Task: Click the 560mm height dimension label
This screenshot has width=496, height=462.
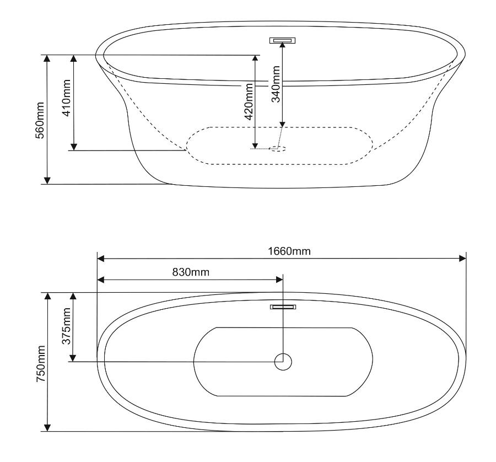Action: [40, 120]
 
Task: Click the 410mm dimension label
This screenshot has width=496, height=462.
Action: [66, 103]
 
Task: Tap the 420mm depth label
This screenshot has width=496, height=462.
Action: [248, 102]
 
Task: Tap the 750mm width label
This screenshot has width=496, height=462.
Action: [40, 362]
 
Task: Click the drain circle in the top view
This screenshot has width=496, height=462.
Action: [283, 362]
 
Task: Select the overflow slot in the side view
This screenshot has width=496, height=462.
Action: [283, 40]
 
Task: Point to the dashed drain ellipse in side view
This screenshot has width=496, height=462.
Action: [278, 148]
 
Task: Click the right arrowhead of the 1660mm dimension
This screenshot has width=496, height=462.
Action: [462, 258]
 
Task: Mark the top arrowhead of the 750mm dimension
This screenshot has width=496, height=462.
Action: [47, 297]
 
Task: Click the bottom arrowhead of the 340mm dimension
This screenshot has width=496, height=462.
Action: [283, 123]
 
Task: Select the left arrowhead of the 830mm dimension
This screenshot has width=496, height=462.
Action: [101, 280]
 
